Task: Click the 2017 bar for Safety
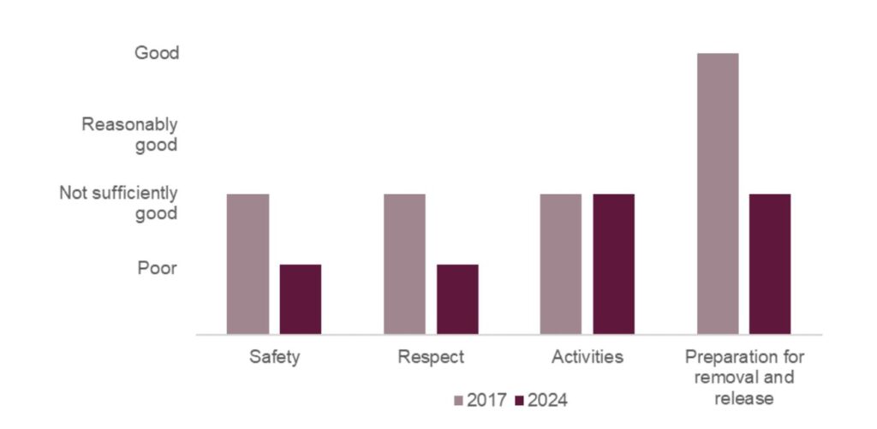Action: click(248, 264)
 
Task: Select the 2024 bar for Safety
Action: click(301, 299)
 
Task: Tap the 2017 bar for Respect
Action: click(404, 264)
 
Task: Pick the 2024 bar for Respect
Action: click(457, 299)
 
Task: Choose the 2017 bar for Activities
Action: click(560, 264)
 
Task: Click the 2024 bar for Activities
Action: click(613, 264)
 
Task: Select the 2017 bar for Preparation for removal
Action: click(718, 194)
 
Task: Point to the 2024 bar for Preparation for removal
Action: click(770, 264)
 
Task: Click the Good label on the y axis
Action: click(157, 53)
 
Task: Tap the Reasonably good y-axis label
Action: click(130, 134)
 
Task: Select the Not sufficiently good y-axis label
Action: click(118, 203)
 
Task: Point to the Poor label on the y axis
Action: click(158, 269)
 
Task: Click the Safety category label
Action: click(274, 357)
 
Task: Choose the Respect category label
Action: click(431, 357)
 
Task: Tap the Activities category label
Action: click(588, 357)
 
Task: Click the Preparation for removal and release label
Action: click(743, 377)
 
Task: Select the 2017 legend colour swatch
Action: click(458, 400)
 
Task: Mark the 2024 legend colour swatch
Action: click(520, 400)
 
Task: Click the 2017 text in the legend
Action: click(486, 400)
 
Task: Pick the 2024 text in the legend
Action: click(548, 400)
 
